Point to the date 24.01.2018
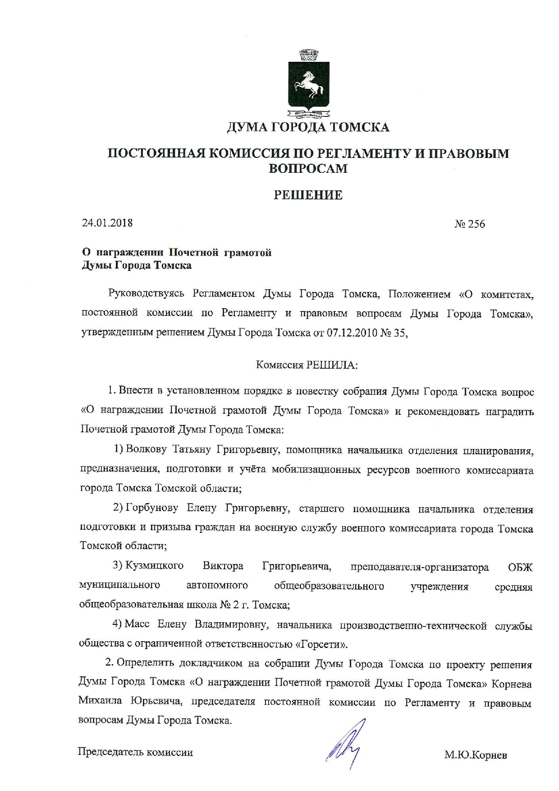(x=107, y=222)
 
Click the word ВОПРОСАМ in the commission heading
(x=308, y=168)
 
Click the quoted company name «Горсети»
(x=321, y=644)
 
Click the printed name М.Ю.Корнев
(x=476, y=754)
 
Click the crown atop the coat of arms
(x=309, y=55)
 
